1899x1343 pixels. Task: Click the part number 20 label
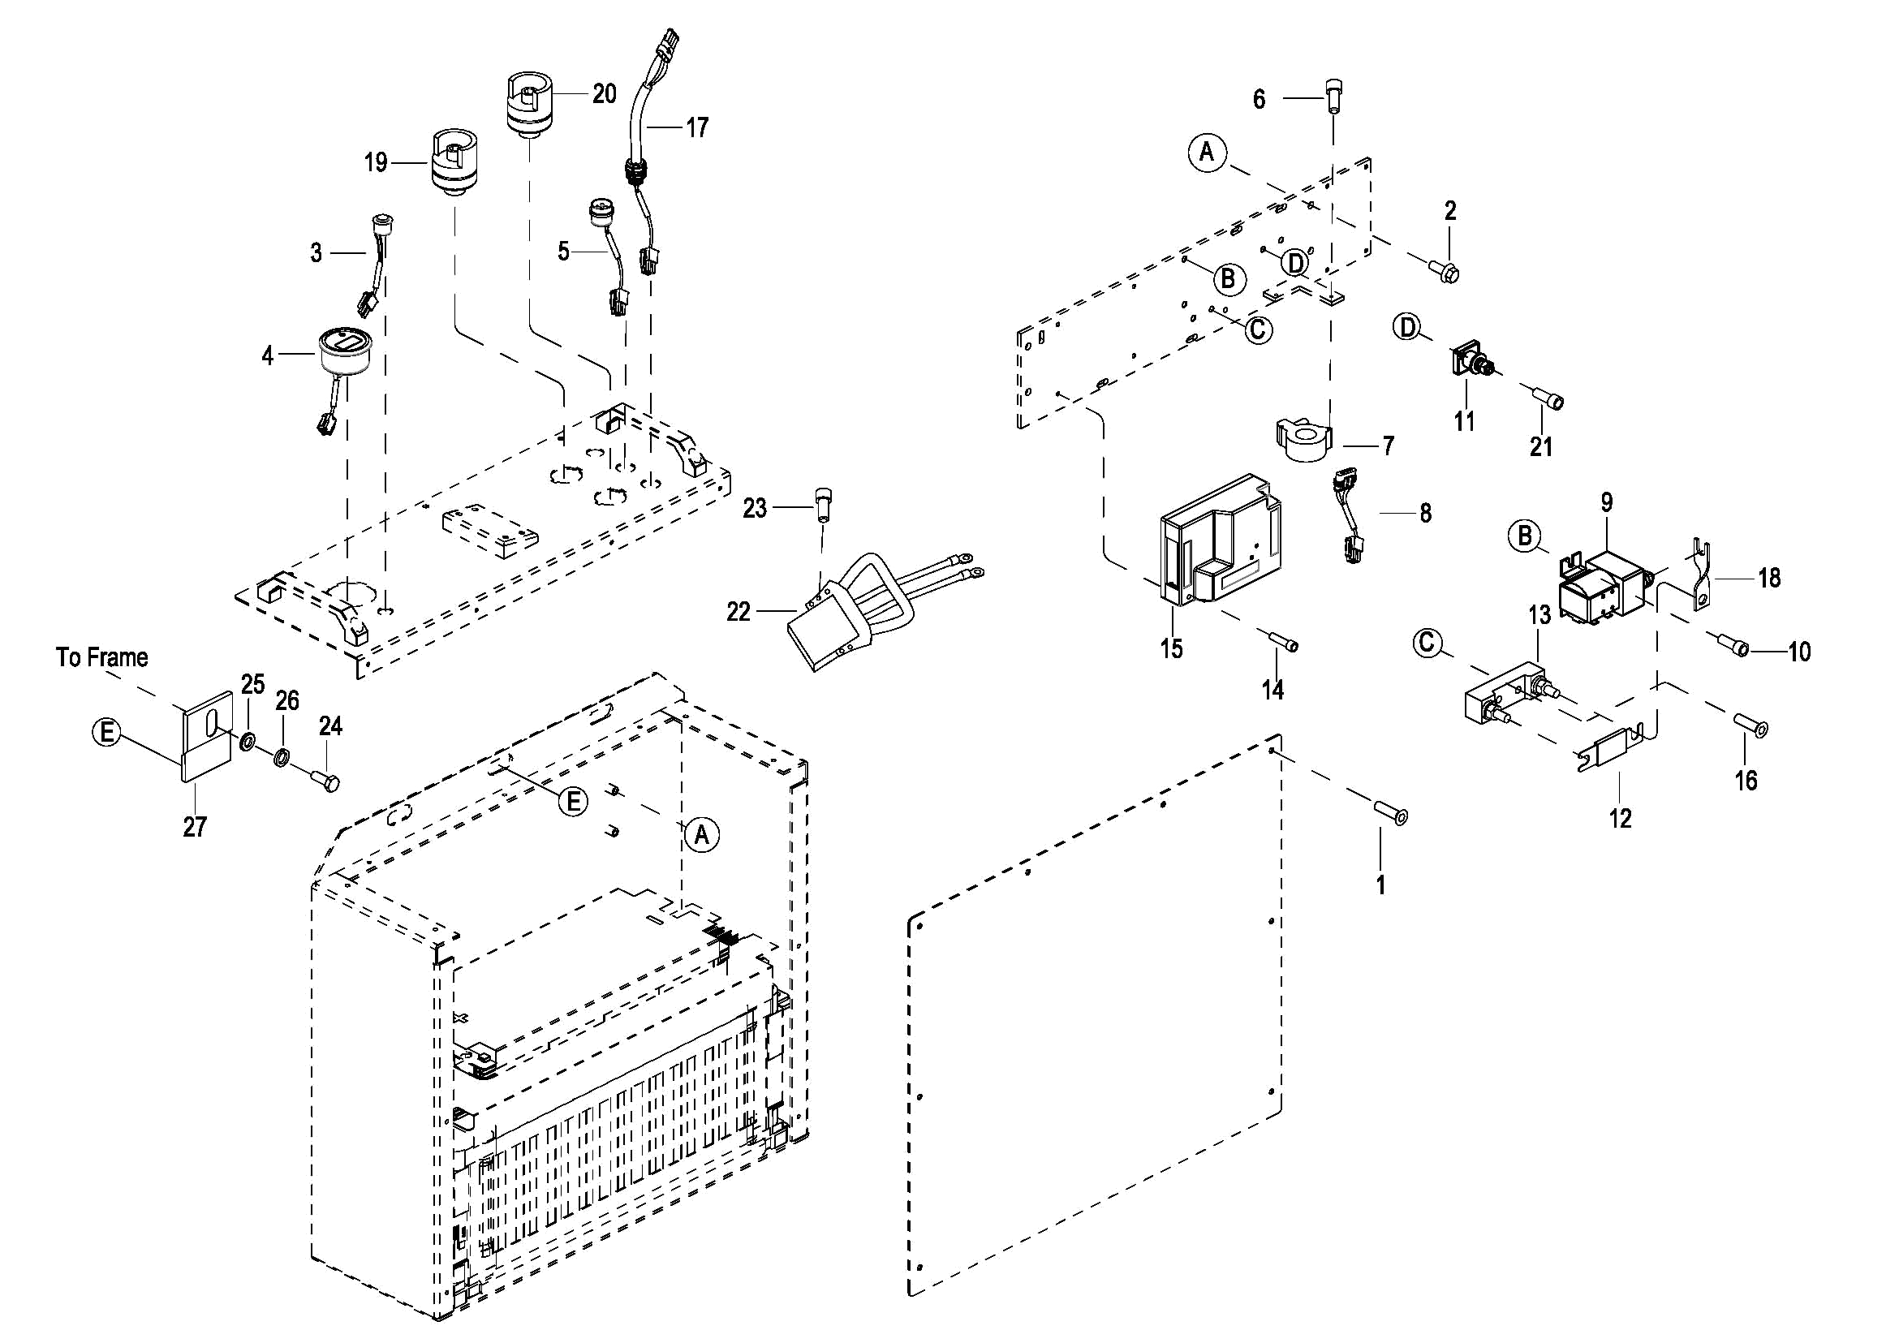click(604, 93)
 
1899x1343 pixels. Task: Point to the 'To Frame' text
click(101, 657)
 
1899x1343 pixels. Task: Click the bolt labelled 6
click(1333, 96)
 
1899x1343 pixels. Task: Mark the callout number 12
click(1621, 819)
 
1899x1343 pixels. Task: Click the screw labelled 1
click(1390, 812)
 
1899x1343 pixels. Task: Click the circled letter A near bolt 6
click(1207, 153)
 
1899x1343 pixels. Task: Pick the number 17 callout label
click(697, 127)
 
